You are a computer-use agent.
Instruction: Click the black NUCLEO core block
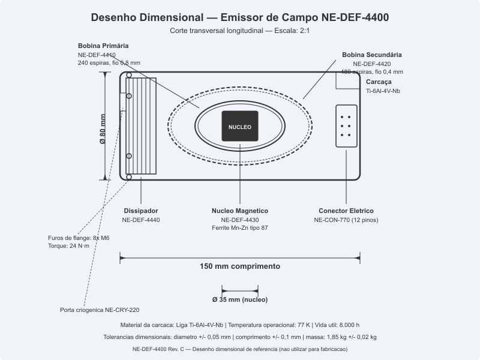tap(239, 127)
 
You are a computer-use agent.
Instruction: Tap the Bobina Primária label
tap(103, 46)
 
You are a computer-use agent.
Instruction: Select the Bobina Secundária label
tap(372, 55)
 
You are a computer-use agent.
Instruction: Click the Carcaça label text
tap(379, 81)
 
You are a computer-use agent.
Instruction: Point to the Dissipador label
tap(141, 211)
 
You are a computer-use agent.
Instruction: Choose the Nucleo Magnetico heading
tap(240, 211)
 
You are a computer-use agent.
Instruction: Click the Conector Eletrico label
tap(346, 211)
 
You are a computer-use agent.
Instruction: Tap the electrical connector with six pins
tap(346, 126)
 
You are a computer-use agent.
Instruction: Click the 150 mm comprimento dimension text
tap(240, 266)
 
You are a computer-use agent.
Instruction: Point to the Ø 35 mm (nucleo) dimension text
tap(240, 299)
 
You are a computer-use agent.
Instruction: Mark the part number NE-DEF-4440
tap(141, 220)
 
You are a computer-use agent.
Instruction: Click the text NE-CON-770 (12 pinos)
tap(346, 220)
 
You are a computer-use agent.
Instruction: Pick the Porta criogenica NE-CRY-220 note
tap(100, 310)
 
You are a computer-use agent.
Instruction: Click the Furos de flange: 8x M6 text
tap(79, 238)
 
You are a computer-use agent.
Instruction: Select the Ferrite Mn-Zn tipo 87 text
tap(240, 229)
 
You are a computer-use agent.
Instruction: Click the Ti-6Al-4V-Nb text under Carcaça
tap(383, 91)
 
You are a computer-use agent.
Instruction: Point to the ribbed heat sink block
tap(142, 126)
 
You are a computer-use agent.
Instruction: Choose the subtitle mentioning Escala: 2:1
tap(240, 30)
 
